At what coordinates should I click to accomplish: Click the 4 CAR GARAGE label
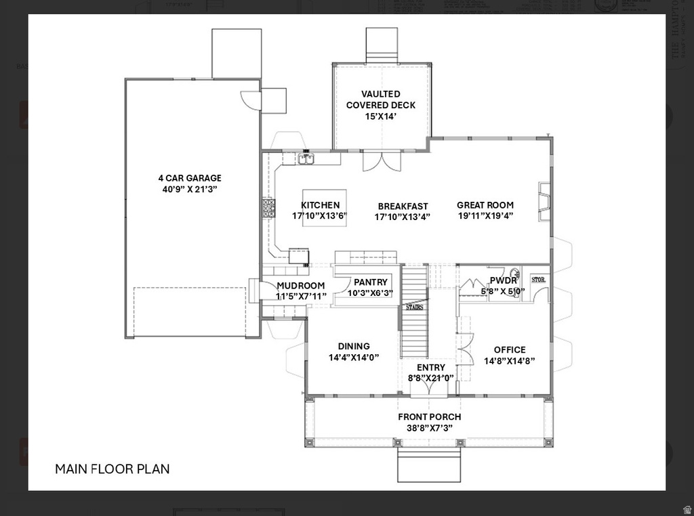[189, 178]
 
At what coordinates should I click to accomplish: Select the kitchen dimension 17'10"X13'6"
[320, 216]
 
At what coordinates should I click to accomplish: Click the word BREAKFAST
[403, 206]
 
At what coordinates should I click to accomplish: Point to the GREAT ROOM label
[485, 205]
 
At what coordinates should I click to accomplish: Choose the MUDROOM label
[300, 285]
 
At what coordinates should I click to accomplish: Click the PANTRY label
[370, 282]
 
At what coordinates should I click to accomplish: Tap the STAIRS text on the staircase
[414, 307]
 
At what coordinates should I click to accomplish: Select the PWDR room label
[503, 280]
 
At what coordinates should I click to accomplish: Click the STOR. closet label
[538, 279]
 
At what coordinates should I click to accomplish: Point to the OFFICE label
[509, 349]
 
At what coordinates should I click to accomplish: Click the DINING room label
[354, 346]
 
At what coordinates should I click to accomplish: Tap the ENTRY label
[430, 367]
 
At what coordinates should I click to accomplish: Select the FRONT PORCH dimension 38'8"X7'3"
[430, 428]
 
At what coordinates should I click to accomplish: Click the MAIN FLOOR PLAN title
[112, 469]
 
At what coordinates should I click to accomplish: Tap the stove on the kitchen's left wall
[269, 207]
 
